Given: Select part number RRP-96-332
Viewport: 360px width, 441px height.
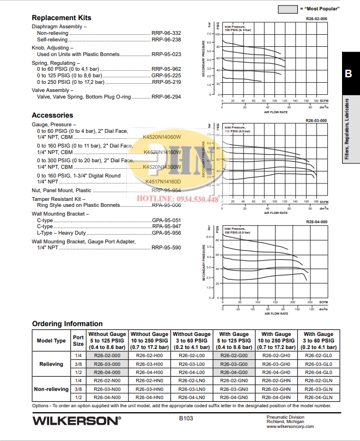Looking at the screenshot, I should click(x=166, y=33).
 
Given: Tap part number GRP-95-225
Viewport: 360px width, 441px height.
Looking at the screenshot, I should click(x=166, y=76).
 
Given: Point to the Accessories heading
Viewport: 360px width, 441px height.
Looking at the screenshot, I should click(x=52, y=115).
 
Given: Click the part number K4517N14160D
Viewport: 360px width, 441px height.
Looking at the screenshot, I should click(x=163, y=181).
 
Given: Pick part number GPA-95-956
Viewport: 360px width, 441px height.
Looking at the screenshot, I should click(x=166, y=232).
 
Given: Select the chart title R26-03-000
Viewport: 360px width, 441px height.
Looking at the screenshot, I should click(x=316, y=120).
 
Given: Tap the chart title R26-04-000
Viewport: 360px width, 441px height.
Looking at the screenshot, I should click(x=316, y=222).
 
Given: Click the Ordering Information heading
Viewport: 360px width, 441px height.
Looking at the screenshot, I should click(x=67, y=324).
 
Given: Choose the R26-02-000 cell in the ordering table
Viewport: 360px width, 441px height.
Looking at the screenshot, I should click(x=107, y=355).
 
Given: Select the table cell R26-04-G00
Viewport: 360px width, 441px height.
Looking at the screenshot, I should click(x=234, y=372).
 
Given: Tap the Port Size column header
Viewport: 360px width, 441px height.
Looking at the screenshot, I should click(x=78, y=340).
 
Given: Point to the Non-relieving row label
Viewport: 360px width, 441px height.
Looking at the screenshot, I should click(x=51, y=389).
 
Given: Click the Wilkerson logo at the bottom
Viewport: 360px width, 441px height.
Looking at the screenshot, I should click(x=76, y=420).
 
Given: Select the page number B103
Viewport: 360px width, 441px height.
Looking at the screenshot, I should click(x=186, y=419).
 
